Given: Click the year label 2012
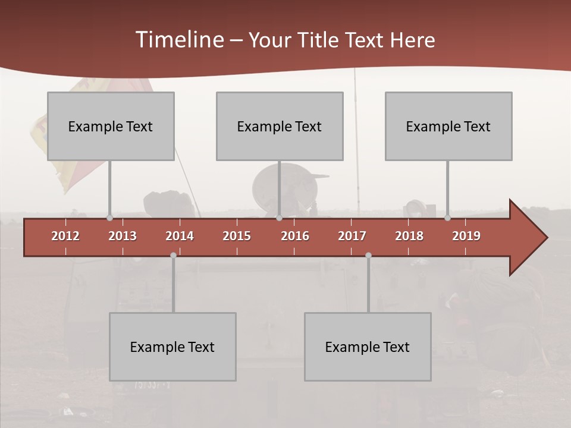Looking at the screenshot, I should pyautogui.click(x=65, y=236).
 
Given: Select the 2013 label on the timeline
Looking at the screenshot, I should pyautogui.click(x=123, y=236).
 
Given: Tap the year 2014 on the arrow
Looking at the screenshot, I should pyautogui.click(x=180, y=236).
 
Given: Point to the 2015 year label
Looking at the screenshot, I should pyautogui.click(x=237, y=236).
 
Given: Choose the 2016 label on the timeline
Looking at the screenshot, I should pyautogui.click(x=295, y=236).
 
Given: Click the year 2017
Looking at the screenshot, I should pyautogui.click(x=352, y=236).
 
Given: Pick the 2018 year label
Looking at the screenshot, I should pyautogui.click(x=409, y=236).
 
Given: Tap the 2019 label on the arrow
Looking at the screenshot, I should pyautogui.click(x=466, y=236).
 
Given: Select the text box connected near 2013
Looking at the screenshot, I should pyautogui.click(x=111, y=126).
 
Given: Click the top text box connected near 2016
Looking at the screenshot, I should pyautogui.click(x=280, y=126).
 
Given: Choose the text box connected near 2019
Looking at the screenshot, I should pyautogui.click(x=448, y=126).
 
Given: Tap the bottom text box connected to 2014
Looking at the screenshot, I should pyautogui.click(x=172, y=347).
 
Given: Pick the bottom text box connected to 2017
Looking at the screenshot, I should pyautogui.click(x=368, y=347).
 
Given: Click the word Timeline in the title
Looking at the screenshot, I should pyautogui.click(x=179, y=40).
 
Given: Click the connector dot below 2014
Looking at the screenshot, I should pyautogui.click(x=173, y=255).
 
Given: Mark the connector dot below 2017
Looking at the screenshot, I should pyautogui.click(x=368, y=255).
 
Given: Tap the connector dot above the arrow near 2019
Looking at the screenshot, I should pyautogui.click(x=447, y=218).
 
